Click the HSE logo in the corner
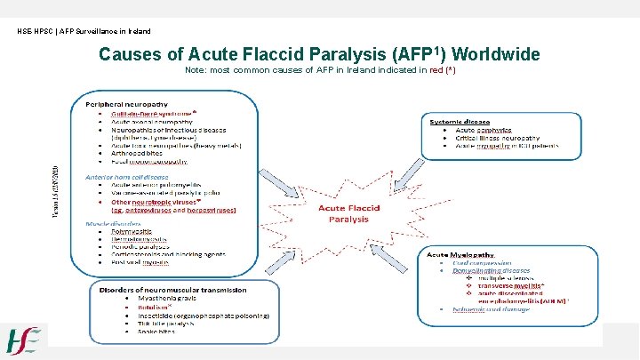tap(24, 340)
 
